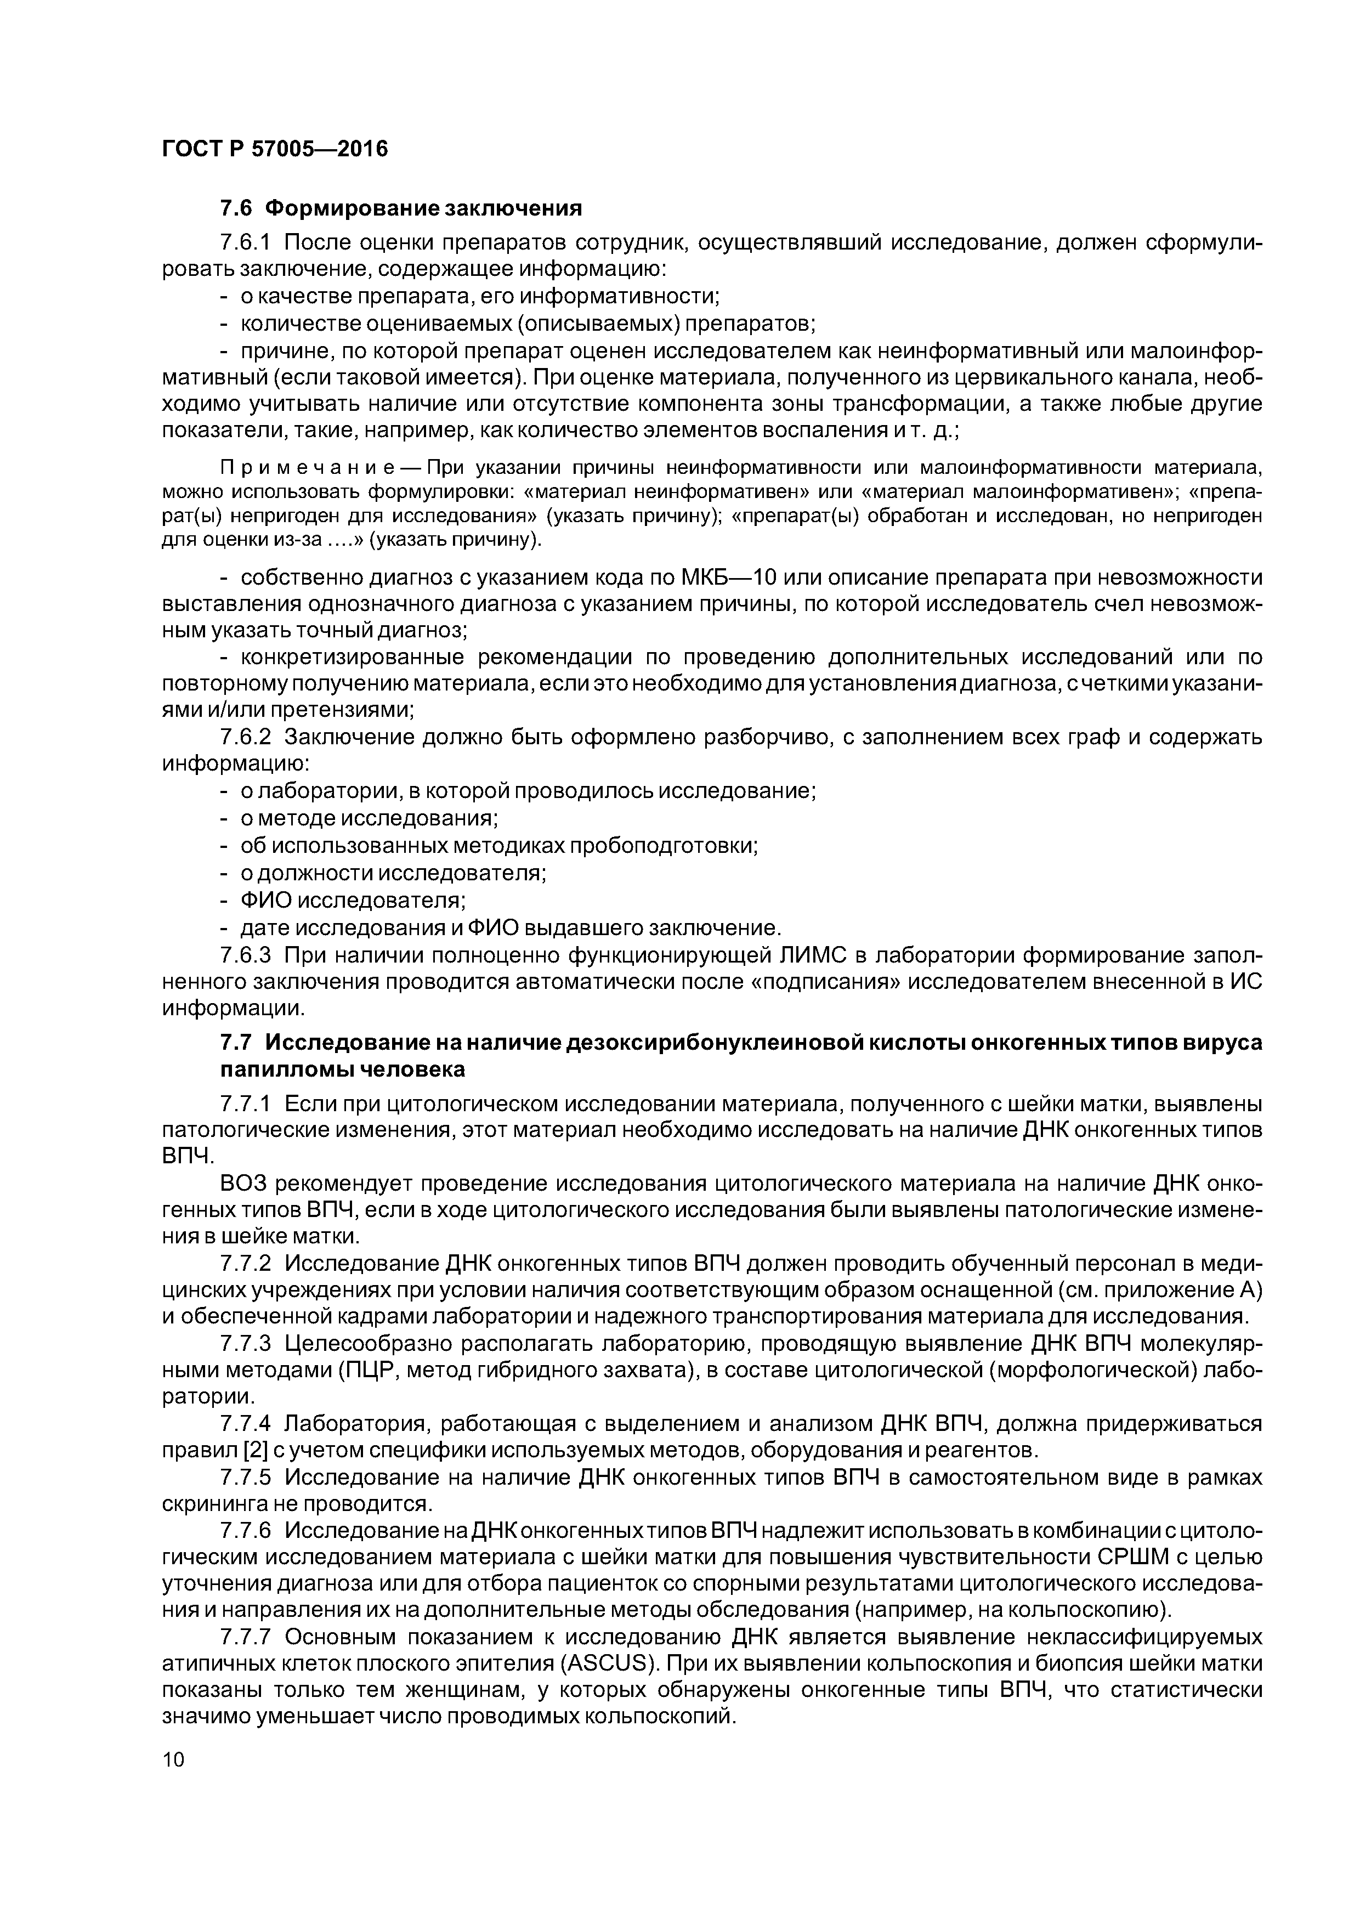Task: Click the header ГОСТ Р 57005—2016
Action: [275, 149]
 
